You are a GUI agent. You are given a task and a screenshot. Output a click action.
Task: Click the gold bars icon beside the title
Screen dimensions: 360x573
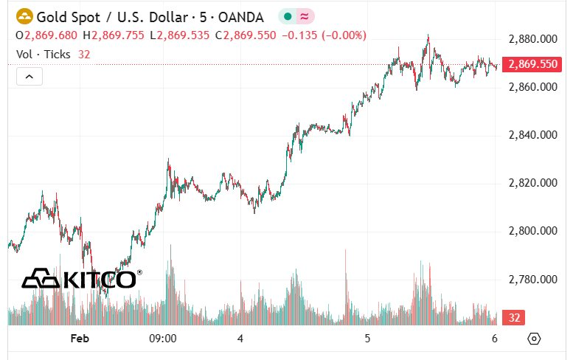click(24, 15)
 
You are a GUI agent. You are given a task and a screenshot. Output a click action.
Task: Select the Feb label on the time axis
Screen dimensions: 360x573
click(80, 339)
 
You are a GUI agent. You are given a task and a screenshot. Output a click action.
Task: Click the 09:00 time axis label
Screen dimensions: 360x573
click(163, 339)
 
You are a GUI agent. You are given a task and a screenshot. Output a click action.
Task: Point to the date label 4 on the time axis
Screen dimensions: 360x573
click(240, 339)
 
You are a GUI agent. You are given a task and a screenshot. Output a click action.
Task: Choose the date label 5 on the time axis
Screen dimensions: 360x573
click(367, 339)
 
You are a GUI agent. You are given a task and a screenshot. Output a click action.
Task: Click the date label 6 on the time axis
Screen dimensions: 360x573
click(495, 339)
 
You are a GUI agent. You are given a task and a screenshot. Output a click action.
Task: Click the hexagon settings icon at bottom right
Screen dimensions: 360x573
click(535, 339)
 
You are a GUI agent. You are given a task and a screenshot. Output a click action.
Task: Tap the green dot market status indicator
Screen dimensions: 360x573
click(287, 16)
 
